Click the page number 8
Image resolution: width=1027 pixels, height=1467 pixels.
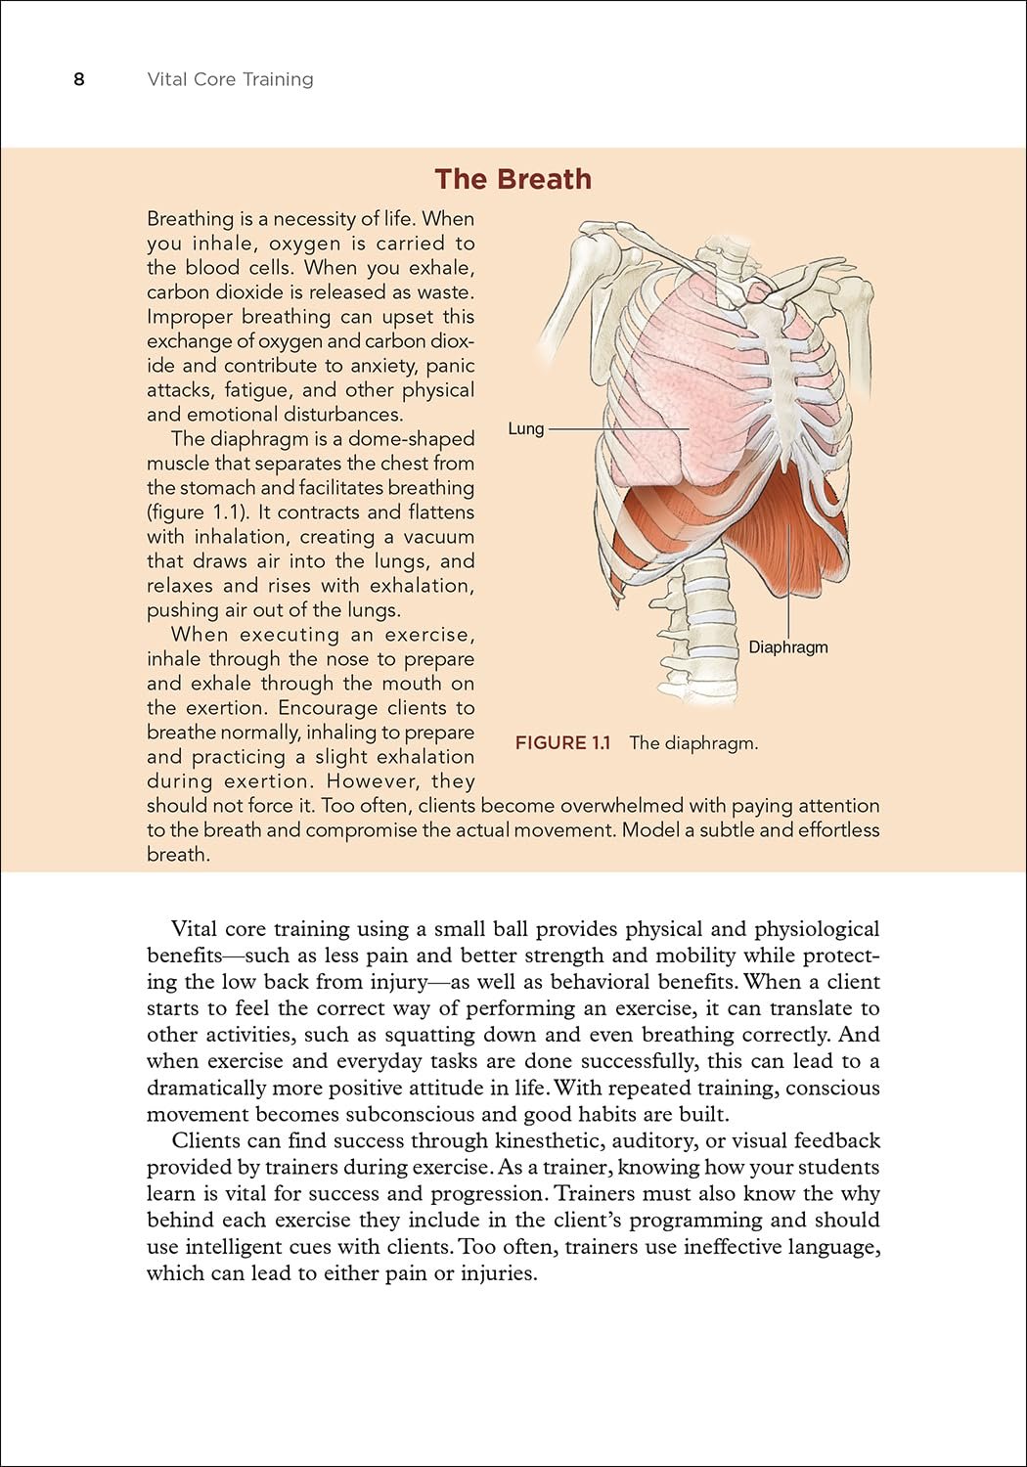(79, 79)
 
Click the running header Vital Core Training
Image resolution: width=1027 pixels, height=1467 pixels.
(230, 79)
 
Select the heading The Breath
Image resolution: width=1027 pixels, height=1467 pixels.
(513, 179)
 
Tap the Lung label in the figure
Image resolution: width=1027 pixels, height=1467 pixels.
(525, 428)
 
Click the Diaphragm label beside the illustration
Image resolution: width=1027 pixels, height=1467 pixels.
(787, 646)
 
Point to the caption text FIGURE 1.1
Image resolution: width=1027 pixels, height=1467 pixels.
(562, 742)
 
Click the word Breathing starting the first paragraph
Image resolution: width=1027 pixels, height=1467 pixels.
(191, 218)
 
